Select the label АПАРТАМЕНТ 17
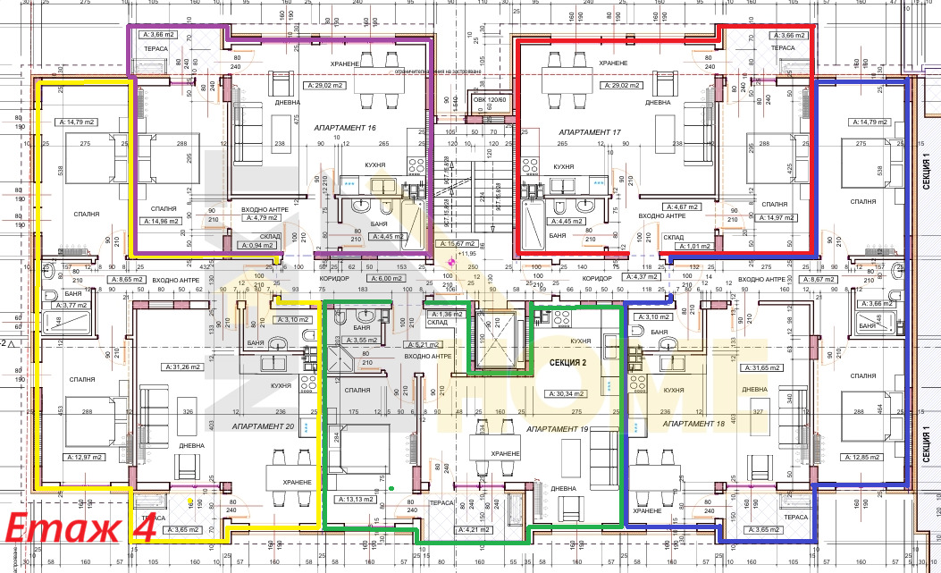pos(590,131)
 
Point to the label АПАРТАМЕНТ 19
pos(559,430)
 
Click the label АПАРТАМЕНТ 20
pos(263,426)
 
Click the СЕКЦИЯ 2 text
pos(567,362)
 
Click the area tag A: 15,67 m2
pos(456,243)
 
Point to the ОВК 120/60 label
pos(490,100)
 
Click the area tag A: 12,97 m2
pos(84,457)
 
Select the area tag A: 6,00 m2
pos(388,279)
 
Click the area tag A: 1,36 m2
pos(447,315)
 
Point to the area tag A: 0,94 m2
pos(256,245)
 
